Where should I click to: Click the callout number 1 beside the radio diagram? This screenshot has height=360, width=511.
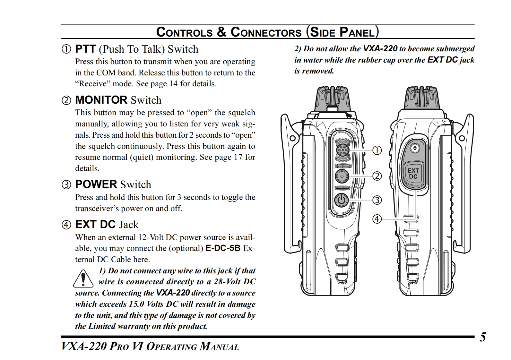tap(377, 150)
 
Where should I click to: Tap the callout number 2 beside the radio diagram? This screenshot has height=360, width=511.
tap(377, 176)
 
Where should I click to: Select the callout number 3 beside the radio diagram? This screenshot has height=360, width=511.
tap(377, 200)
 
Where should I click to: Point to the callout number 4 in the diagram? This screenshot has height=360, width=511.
tap(377, 219)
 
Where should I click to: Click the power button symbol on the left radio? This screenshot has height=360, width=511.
tap(342, 200)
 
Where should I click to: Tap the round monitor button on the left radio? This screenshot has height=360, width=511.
tap(342, 176)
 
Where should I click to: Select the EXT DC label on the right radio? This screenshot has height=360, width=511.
tap(413, 174)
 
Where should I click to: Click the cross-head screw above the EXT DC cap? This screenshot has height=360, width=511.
tap(415, 148)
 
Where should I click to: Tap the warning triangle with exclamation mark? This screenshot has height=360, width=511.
tap(83, 278)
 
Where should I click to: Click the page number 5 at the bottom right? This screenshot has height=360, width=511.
tap(483, 337)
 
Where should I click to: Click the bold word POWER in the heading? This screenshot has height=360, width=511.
tap(96, 184)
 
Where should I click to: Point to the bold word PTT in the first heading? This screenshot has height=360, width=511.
tap(85, 49)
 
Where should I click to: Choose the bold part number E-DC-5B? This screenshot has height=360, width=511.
tap(223, 248)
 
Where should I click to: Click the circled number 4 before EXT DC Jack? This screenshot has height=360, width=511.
tap(66, 225)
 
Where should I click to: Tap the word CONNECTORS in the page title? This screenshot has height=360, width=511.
tap(266, 32)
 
